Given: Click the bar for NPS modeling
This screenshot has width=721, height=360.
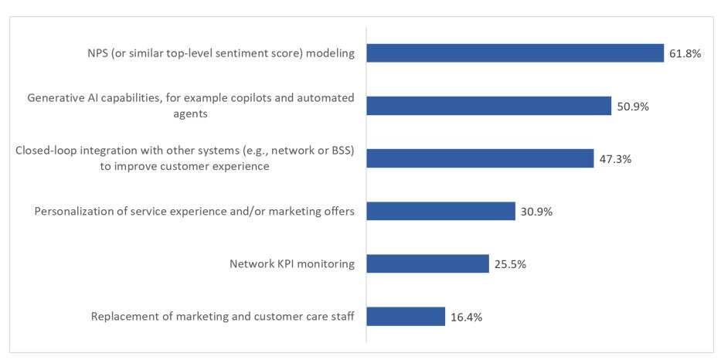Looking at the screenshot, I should pyautogui.click(x=515, y=53).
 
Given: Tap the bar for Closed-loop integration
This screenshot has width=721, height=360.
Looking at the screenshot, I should pyautogui.click(x=480, y=158).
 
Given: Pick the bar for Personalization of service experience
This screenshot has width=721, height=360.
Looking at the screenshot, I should pyautogui.click(x=440, y=211).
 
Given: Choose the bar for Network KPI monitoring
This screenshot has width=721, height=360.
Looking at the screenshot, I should pyautogui.click(x=427, y=263).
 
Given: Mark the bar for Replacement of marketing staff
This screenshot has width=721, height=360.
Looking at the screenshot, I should pyautogui.click(x=406, y=316).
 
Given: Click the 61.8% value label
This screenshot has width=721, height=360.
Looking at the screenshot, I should pyautogui.click(x=685, y=53).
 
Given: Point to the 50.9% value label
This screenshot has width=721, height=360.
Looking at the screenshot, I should pyautogui.click(x=632, y=106).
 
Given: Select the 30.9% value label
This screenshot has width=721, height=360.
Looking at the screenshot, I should pyautogui.click(x=536, y=211).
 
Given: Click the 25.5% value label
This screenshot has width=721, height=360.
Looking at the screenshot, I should pyautogui.click(x=510, y=263).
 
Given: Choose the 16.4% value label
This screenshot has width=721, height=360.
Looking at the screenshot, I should pyautogui.click(x=466, y=317).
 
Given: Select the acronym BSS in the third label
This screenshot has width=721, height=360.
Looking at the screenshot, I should pyautogui.click(x=337, y=150).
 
